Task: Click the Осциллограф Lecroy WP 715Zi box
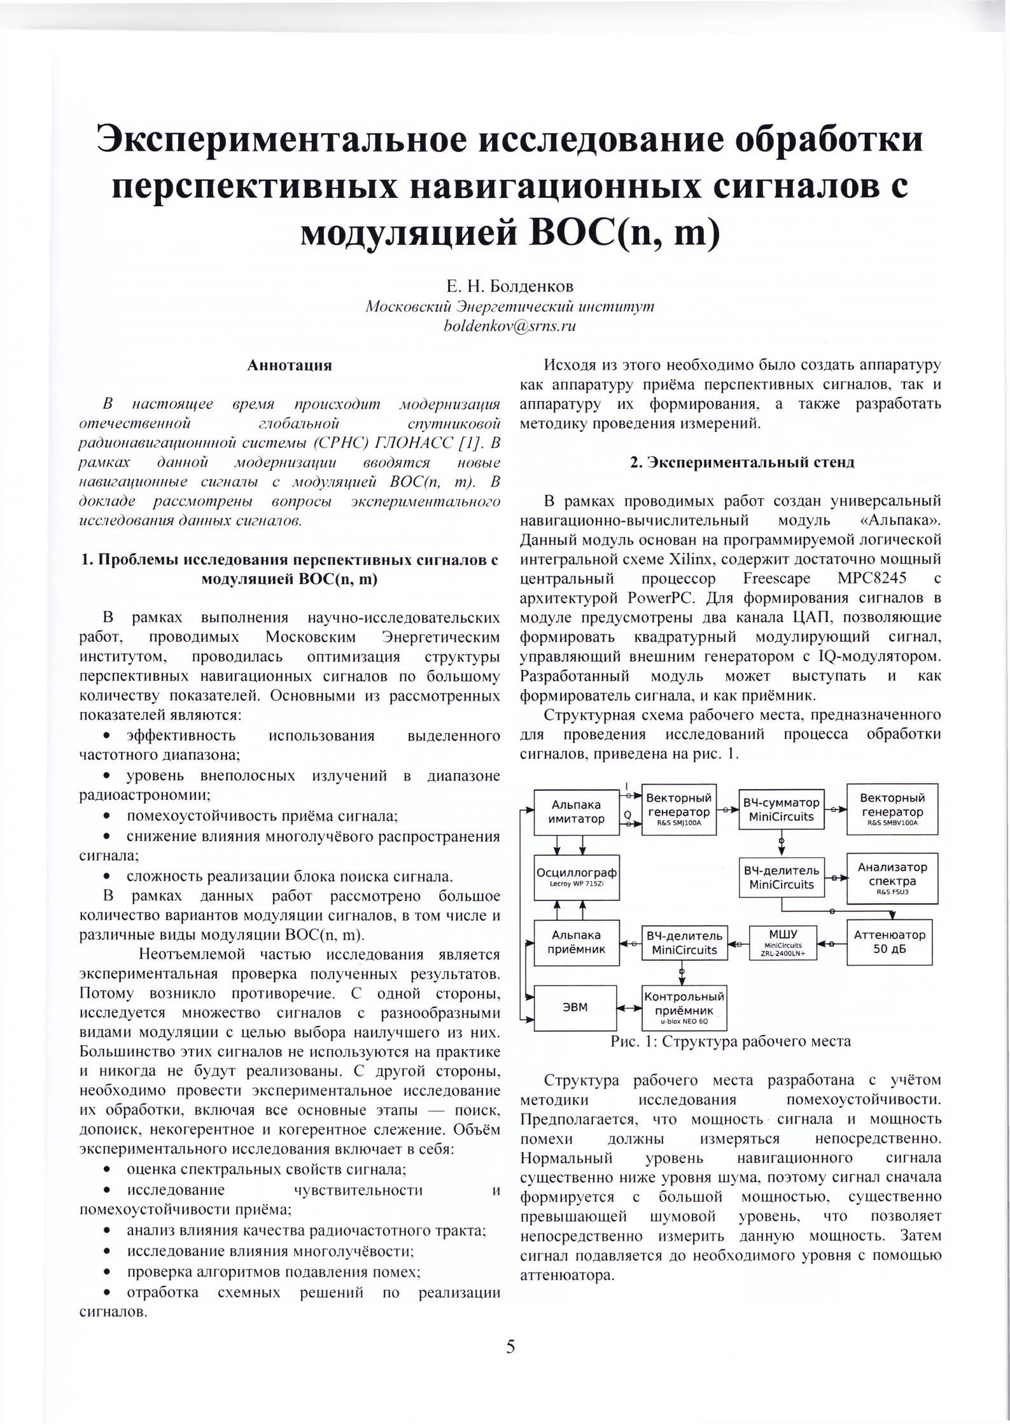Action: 577,877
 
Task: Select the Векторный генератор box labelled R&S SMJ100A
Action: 679,809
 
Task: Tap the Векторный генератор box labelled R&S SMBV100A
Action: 892,809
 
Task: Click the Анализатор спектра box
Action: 892,878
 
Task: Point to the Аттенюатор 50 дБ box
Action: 889,942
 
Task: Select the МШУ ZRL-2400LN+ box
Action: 783,942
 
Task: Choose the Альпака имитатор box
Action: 577,812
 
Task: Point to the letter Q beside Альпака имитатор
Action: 627,814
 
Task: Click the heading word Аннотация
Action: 290,366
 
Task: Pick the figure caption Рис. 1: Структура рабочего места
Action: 730,1042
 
